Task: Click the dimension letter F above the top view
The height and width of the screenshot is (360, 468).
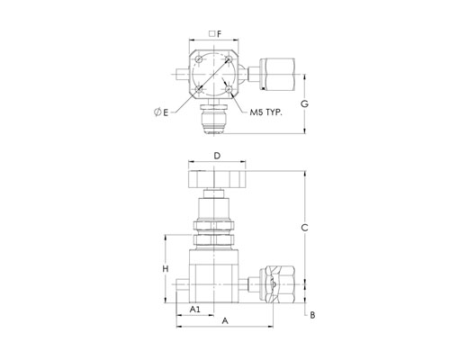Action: pyautogui.click(x=220, y=34)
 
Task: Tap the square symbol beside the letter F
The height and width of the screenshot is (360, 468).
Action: pyautogui.click(x=211, y=34)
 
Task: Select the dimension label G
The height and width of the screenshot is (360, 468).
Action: pyautogui.click(x=304, y=104)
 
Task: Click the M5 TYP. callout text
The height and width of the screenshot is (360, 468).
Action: pyautogui.click(x=266, y=112)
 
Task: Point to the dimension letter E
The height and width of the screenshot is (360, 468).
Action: pyautogui.click(x=166, y=112)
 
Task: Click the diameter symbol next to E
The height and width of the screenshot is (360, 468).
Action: pyautogui.click(x=157, y=112)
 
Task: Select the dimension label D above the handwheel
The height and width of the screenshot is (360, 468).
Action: pyautogui.click(x=217, y=156)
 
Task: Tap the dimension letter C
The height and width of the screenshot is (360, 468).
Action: pyautogui.click(x=304, y=228)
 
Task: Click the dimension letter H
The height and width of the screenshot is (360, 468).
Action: pyautogui.click(x=166, y=269)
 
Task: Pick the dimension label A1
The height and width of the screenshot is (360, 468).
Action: pyautogui.click(x=195, y=309)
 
